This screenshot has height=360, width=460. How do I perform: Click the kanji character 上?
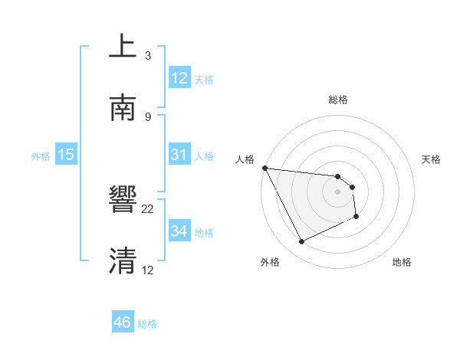point(123,47)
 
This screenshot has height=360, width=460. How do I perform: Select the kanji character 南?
point(123,109)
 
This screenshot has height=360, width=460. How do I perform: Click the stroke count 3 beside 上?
point(148,55)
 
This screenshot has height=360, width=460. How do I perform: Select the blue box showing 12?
point(179,78)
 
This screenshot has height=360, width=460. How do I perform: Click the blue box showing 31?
point(179,155)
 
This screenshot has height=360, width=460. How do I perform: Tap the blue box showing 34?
point(179,231)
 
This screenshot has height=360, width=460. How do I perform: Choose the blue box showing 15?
point(66,155)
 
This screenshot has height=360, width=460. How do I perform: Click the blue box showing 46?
point(123,322)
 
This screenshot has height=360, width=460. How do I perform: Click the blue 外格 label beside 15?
point(41,156)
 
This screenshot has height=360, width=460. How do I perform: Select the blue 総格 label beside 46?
point(147,324)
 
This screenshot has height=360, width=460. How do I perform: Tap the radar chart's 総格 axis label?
point(338,100)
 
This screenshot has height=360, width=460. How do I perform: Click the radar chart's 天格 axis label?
point(432,159)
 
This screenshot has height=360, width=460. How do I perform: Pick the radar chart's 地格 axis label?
point(402,262)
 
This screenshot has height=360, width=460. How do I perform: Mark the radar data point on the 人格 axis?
point(264,168)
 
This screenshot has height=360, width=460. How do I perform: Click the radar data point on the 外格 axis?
point(301,242)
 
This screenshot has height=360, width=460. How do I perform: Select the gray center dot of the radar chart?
point(338,191)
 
